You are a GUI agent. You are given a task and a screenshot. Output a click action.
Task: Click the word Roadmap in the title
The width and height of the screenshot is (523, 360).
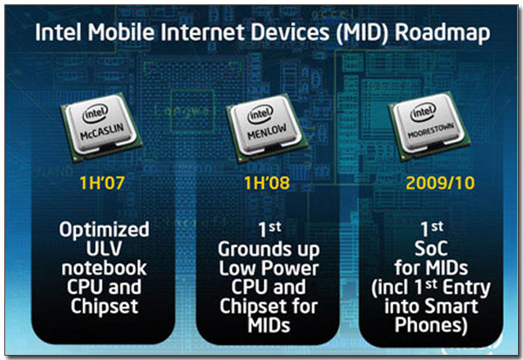point(442,33)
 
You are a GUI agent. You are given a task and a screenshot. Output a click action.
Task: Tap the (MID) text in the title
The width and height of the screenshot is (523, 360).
point(363,33)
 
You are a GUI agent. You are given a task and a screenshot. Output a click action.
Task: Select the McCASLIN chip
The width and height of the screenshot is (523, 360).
point(101,127)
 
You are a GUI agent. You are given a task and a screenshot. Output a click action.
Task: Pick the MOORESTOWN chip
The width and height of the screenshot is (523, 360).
point(430,126)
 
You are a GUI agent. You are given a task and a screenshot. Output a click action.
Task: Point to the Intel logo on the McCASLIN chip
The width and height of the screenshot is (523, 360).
point(95,113)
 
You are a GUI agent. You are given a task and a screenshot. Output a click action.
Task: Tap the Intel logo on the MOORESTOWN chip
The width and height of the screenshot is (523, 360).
point(424,112)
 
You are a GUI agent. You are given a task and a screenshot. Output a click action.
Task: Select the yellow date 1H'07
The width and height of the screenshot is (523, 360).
point(102,183)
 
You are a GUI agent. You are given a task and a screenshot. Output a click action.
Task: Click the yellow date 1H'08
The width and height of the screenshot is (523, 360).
point(267,183)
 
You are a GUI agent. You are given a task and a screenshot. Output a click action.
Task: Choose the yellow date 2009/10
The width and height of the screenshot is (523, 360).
point(440,183)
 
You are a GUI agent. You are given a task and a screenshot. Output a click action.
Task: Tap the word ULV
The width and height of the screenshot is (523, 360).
point(104,248)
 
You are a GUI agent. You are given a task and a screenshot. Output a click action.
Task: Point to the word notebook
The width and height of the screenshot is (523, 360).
point(104,268)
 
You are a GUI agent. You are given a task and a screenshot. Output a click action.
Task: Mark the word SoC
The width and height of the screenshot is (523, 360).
point(431,248)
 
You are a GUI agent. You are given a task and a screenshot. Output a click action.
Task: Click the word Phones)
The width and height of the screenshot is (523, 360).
point(431,325)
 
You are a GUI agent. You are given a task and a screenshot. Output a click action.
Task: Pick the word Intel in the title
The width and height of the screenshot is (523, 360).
point(58,33)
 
